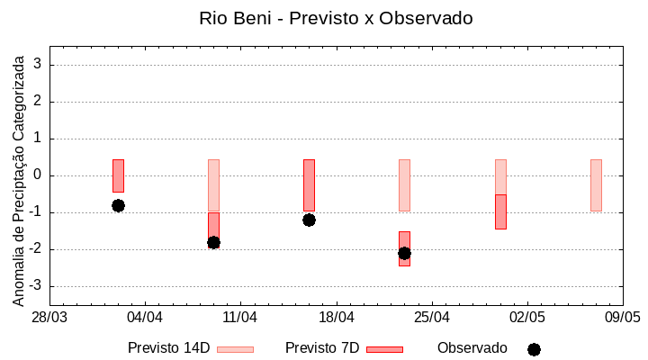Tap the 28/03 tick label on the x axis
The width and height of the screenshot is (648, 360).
pos(49,317)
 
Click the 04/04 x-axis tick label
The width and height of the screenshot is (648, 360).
pos(145,317)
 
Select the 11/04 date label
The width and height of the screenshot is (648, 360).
pos(240,317)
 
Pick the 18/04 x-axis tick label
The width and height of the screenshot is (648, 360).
pos(336,317)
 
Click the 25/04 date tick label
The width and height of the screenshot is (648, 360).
pos(432,317)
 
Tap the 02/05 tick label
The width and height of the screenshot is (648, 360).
pos(527,317)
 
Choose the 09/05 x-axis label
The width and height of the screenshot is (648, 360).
pos(622,317)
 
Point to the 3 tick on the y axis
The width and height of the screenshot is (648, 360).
pos(39,65)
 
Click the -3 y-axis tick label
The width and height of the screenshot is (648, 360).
pos(36,286)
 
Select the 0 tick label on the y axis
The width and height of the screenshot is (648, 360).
pos(39,175)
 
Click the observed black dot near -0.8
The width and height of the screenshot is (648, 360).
pos(118,205)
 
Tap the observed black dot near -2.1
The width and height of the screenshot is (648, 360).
pos(404,253)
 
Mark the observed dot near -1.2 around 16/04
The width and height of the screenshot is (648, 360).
pos(309,220)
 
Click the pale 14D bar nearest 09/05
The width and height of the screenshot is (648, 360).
pos(596,184)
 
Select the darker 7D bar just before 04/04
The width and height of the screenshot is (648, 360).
pos(118,175)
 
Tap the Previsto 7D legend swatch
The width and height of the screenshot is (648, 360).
pos(384,349)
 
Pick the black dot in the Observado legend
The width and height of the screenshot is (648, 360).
pos(534,349)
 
